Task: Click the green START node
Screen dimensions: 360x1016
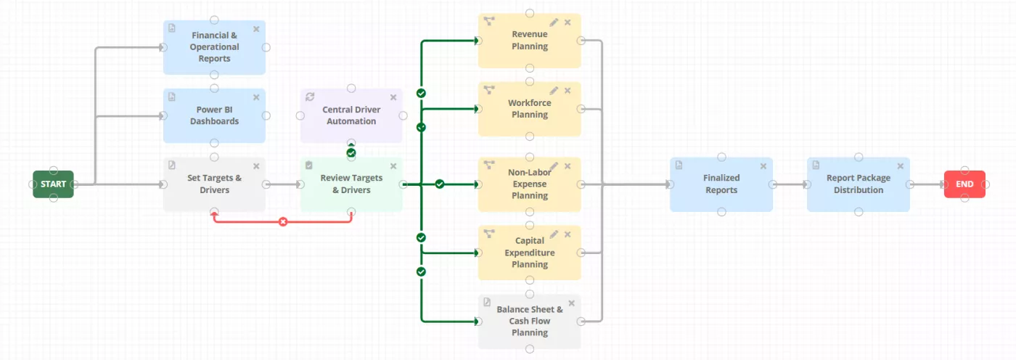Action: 53,184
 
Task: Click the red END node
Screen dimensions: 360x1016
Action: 964,184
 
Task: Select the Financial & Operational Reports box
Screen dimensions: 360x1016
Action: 214,47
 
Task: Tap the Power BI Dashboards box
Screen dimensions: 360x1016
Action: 214,116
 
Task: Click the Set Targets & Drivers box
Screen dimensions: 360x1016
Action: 214,184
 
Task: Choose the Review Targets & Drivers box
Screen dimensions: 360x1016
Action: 351,184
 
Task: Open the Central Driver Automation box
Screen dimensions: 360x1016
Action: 351,116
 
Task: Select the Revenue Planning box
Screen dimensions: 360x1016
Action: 530,41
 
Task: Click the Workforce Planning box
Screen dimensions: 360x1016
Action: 530,109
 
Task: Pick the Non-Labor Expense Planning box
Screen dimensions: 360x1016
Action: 530,184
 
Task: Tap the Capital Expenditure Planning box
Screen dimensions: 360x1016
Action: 530,253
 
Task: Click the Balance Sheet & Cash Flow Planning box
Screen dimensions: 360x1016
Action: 530,322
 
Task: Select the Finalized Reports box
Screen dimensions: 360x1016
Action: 721,184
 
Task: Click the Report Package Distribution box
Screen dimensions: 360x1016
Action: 859,184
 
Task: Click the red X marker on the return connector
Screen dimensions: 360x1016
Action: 283,221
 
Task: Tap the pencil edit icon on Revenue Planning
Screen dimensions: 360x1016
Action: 554,22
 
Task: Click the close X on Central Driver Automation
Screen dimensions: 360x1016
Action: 393,97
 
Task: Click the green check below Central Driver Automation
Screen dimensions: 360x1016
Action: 351,153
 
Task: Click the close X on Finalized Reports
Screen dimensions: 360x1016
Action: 763,166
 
